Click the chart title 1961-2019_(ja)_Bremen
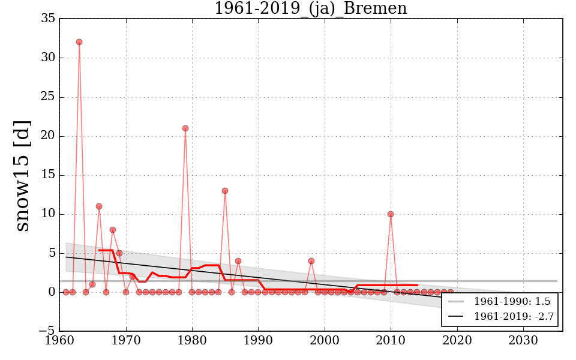coord(310,8)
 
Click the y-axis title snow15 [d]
coord(22,175)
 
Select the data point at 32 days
coord(79,42)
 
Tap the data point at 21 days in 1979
coord(185,128)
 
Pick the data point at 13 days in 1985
coord(225,191)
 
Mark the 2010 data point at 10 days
coord(391,214)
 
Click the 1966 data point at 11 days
coord(99,206)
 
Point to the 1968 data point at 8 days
coord(112,230)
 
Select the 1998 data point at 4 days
coord(311,261)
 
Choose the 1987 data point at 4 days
coord(238,261)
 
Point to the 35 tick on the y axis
coord(49,19)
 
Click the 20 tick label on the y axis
coord(49,136)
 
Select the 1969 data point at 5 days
coord(119,253)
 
